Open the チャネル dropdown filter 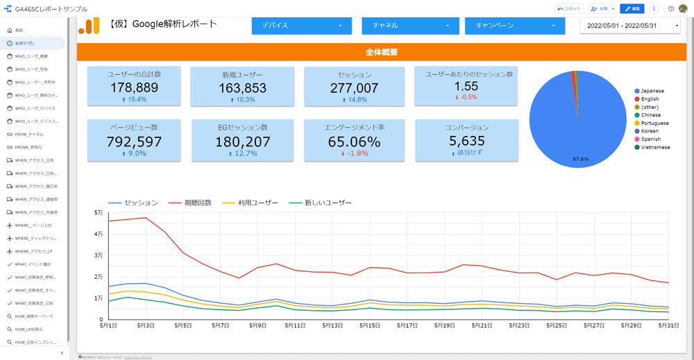pyautogui.click(x=410, y=26)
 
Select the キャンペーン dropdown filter pyautogui.click(x=513, y=26)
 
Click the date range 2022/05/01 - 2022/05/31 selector pyautogui.click(x=630, y=26)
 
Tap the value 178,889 pyautogui.click(x=134, y=87)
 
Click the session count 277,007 pyautogui.click(x=354, y=87)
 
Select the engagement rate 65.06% pyautogui.click(x=354, y=142)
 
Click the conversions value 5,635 pyautogui.click(x=466, y=141)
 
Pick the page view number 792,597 pyautogui.click(x=134, y=142)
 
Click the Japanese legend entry pyautogui.click(x=652, y=91)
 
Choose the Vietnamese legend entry pyautogui.click(x=655, y=147)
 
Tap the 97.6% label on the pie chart pyautogui.click(x=580, y=159)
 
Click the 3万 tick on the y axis pyautogui.click(x=98, y=255)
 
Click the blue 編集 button pyautogui.click(x=632, y=8)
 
